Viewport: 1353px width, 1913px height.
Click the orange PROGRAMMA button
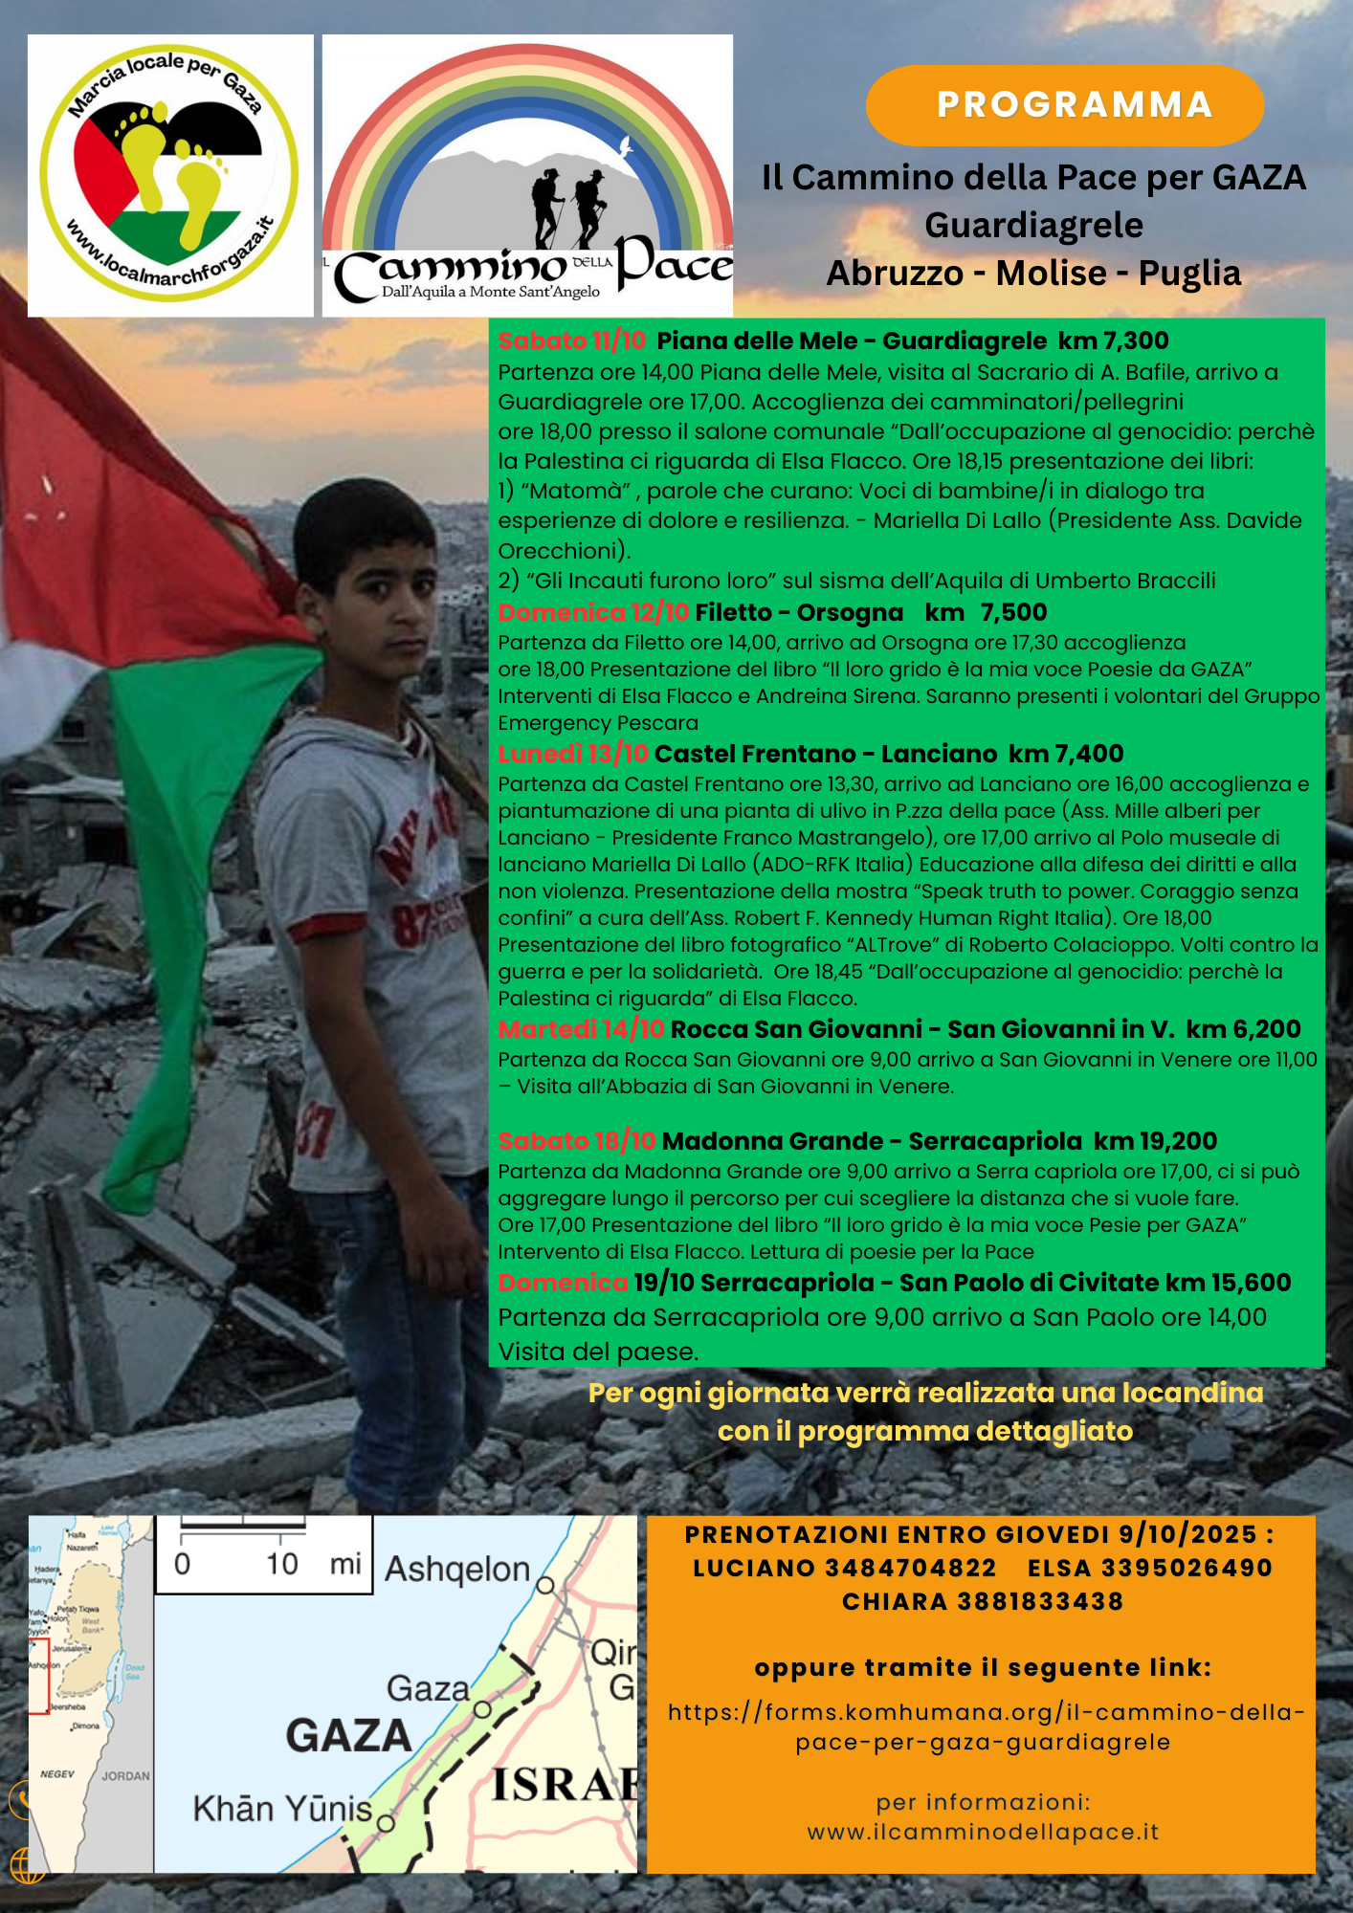tap(1064, 105)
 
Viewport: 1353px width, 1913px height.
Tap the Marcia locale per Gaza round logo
tap(169, 174)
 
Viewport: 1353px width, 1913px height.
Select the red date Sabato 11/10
tap(571, 341)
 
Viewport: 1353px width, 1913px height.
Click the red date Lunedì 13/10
tap(572, 754)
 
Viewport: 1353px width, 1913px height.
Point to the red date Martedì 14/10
tap(580, 1029)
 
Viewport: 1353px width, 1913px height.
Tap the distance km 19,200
tap(1155, 1141)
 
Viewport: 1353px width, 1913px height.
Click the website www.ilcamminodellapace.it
tap(982, 1833)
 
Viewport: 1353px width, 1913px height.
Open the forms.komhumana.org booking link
tap(985, 1726)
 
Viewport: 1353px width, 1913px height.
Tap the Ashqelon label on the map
tap(457, 1570)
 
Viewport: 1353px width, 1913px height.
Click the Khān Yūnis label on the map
tap(282, 1809)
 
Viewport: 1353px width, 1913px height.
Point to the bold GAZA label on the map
tap(348, 1736)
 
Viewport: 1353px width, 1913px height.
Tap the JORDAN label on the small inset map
tap(125, 1776)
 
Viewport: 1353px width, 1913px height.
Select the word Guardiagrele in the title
tap(1033, 226)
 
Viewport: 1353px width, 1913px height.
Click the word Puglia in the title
tap(1188, 274)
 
